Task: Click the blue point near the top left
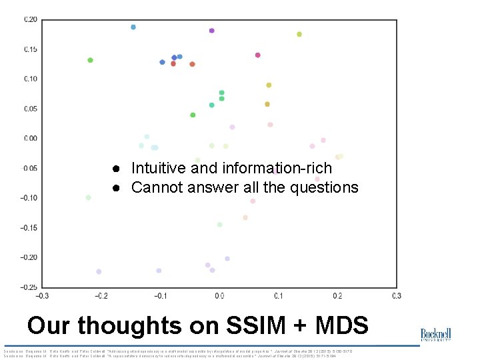tap(133, 27)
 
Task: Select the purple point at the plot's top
tap(211, 31)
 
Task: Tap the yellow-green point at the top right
tap(299, 34)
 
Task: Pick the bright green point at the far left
tap(90, 60)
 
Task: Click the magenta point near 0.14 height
tap(257, 55)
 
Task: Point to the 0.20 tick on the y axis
tap(31, 19)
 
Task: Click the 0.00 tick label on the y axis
tap(31, 139)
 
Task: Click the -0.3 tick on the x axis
tap(41, 296)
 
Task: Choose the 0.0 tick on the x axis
tap(219, 296)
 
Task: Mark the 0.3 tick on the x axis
tap(397, 296)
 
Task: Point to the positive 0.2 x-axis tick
tap(337, 296)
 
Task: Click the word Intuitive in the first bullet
tap(159, 168)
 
